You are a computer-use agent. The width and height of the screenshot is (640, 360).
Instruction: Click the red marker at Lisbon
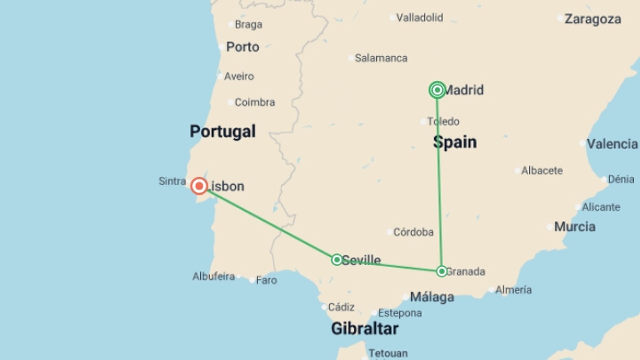click(199, 186)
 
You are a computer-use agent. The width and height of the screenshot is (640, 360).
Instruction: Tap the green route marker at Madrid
click(437, 90)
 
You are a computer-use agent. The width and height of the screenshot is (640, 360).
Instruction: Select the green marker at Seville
click(337, 260)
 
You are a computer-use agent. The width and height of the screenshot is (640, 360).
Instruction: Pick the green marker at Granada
click(442, 271)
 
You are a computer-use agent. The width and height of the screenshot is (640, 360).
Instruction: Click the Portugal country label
click(223, 131)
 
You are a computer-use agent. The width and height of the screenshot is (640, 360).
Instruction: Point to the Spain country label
click(455, 142)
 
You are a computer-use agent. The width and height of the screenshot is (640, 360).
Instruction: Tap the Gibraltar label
click(365, 329)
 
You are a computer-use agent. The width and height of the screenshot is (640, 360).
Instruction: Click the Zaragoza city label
click(593, 19)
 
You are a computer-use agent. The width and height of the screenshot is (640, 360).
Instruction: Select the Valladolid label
click(420, 18)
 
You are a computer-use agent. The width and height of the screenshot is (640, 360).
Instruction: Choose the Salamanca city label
click(381, 58)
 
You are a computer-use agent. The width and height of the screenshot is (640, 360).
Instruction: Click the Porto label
click(243, 47)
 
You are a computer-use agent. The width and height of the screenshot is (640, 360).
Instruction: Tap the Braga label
click(248, 25)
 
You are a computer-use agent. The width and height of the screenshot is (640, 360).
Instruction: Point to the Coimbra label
click(255, 102)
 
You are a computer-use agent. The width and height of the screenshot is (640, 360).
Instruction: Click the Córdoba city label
click(413, 232)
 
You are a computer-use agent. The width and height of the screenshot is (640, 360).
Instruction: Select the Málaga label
click(432, 297)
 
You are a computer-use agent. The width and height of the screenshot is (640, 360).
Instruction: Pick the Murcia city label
click(575, 227)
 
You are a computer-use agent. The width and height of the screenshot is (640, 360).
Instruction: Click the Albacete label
click(542, 171)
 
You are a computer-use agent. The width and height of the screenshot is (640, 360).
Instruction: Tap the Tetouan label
click(388, 353)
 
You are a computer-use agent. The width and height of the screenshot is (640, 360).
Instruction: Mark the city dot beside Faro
click(252, 280)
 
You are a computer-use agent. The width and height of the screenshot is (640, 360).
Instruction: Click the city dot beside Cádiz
click(324, 307)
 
